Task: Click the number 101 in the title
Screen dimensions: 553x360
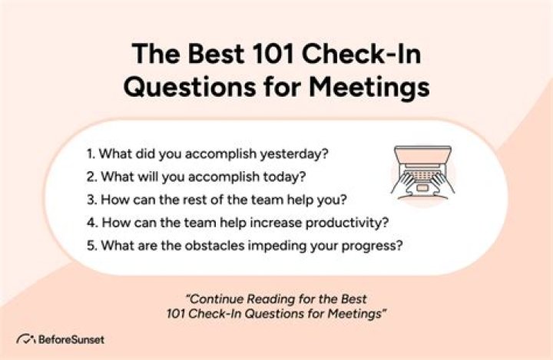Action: point(273,54)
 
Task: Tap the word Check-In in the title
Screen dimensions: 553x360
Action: point(362,54)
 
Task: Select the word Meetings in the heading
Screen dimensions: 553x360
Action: point(369,87)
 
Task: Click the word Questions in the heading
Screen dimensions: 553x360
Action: point(190,87)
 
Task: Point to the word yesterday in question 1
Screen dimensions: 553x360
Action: point(294,154)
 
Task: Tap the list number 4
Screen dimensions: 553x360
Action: point(92,223)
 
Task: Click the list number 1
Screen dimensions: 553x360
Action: point(91,154)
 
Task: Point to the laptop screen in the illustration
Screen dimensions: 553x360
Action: point(422,153)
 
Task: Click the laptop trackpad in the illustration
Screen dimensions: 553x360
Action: point(422,187)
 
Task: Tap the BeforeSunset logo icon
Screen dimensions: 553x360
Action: point(26,339)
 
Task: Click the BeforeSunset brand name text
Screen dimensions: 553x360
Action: point(71,340)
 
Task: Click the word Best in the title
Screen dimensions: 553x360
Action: point(216,54)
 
